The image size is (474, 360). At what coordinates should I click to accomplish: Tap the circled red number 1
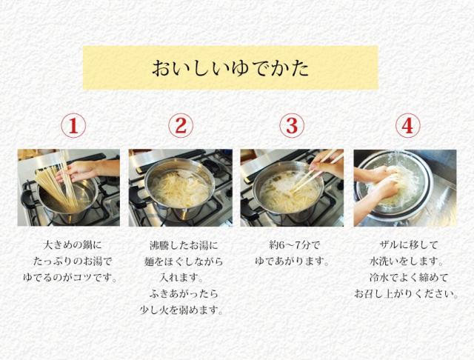(73, 126)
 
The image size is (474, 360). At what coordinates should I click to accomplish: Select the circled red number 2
(180, 126)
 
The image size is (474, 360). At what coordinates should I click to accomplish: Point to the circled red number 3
(291, 126)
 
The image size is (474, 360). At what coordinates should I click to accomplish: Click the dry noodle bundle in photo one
(52, 178)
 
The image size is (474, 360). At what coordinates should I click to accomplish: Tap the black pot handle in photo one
(28, 199)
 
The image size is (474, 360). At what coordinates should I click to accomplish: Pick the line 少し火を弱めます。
(180, 310)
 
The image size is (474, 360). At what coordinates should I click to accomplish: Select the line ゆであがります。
(291, 261)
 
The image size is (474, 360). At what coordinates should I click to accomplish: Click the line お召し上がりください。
(405, 294)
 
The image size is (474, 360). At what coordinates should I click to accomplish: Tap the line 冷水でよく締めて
(405, 279)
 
